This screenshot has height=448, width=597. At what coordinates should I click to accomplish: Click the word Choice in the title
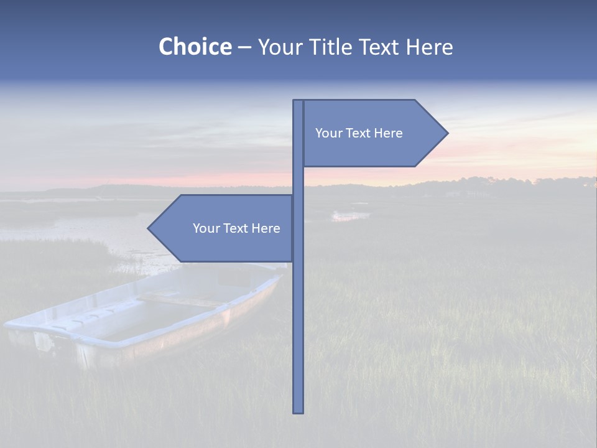coord(195,47)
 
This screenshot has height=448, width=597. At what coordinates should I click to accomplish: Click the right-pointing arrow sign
coord(373,133)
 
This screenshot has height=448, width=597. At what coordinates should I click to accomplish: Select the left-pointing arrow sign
coord(224,228)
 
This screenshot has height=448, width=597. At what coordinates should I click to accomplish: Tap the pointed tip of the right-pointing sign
coord(447,133)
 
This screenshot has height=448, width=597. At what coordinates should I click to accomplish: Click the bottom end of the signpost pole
coord(298,411)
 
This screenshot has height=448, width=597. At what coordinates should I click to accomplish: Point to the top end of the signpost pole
coord(298,101)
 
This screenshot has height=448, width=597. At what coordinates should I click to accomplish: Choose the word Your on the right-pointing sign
coord(328,133)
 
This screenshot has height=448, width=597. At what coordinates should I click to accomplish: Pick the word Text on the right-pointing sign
coord(358,133)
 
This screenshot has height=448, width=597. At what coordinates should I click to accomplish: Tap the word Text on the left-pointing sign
coord(236,228)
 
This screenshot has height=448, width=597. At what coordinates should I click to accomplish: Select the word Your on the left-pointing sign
coord(206,228)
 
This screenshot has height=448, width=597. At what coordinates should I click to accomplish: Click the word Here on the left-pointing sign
coord(266,228)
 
